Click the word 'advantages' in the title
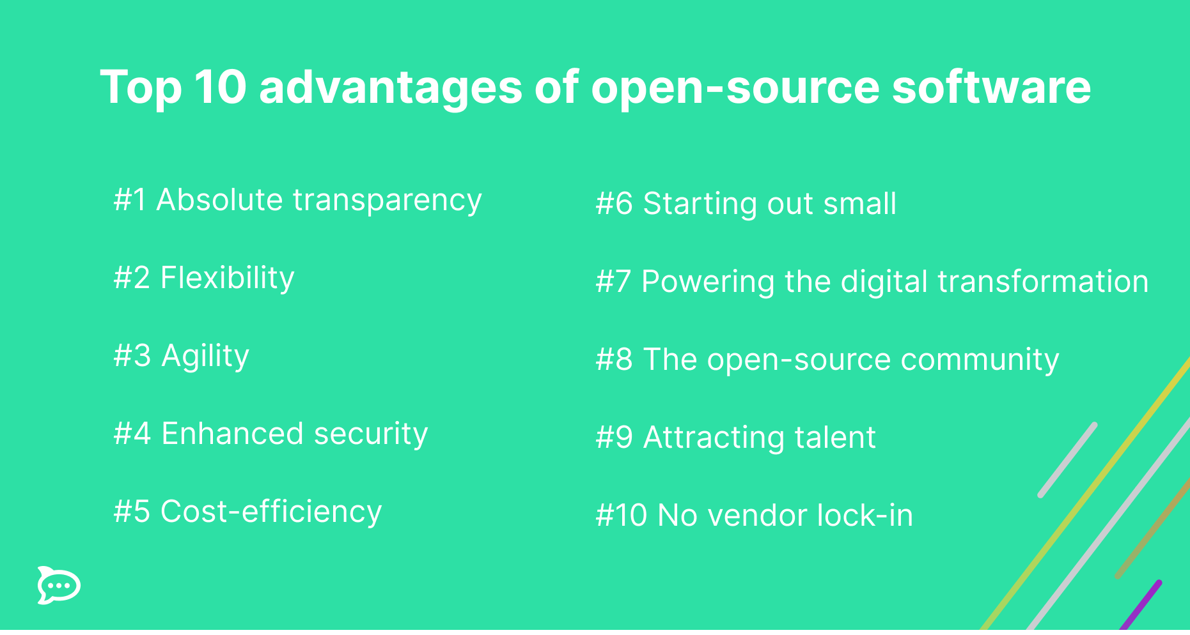(391, 88)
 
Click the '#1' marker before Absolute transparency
(130, 200)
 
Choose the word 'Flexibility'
(227, 279)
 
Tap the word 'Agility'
(205, 356)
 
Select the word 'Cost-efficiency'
(271, 512)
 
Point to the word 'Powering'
(707, 282)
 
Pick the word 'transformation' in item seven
(1042, 282)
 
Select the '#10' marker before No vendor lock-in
(621, 516)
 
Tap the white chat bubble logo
(59, 585)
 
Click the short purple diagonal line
(1141, 604)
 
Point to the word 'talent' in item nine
(834, 438)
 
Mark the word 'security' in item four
(370, 434)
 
